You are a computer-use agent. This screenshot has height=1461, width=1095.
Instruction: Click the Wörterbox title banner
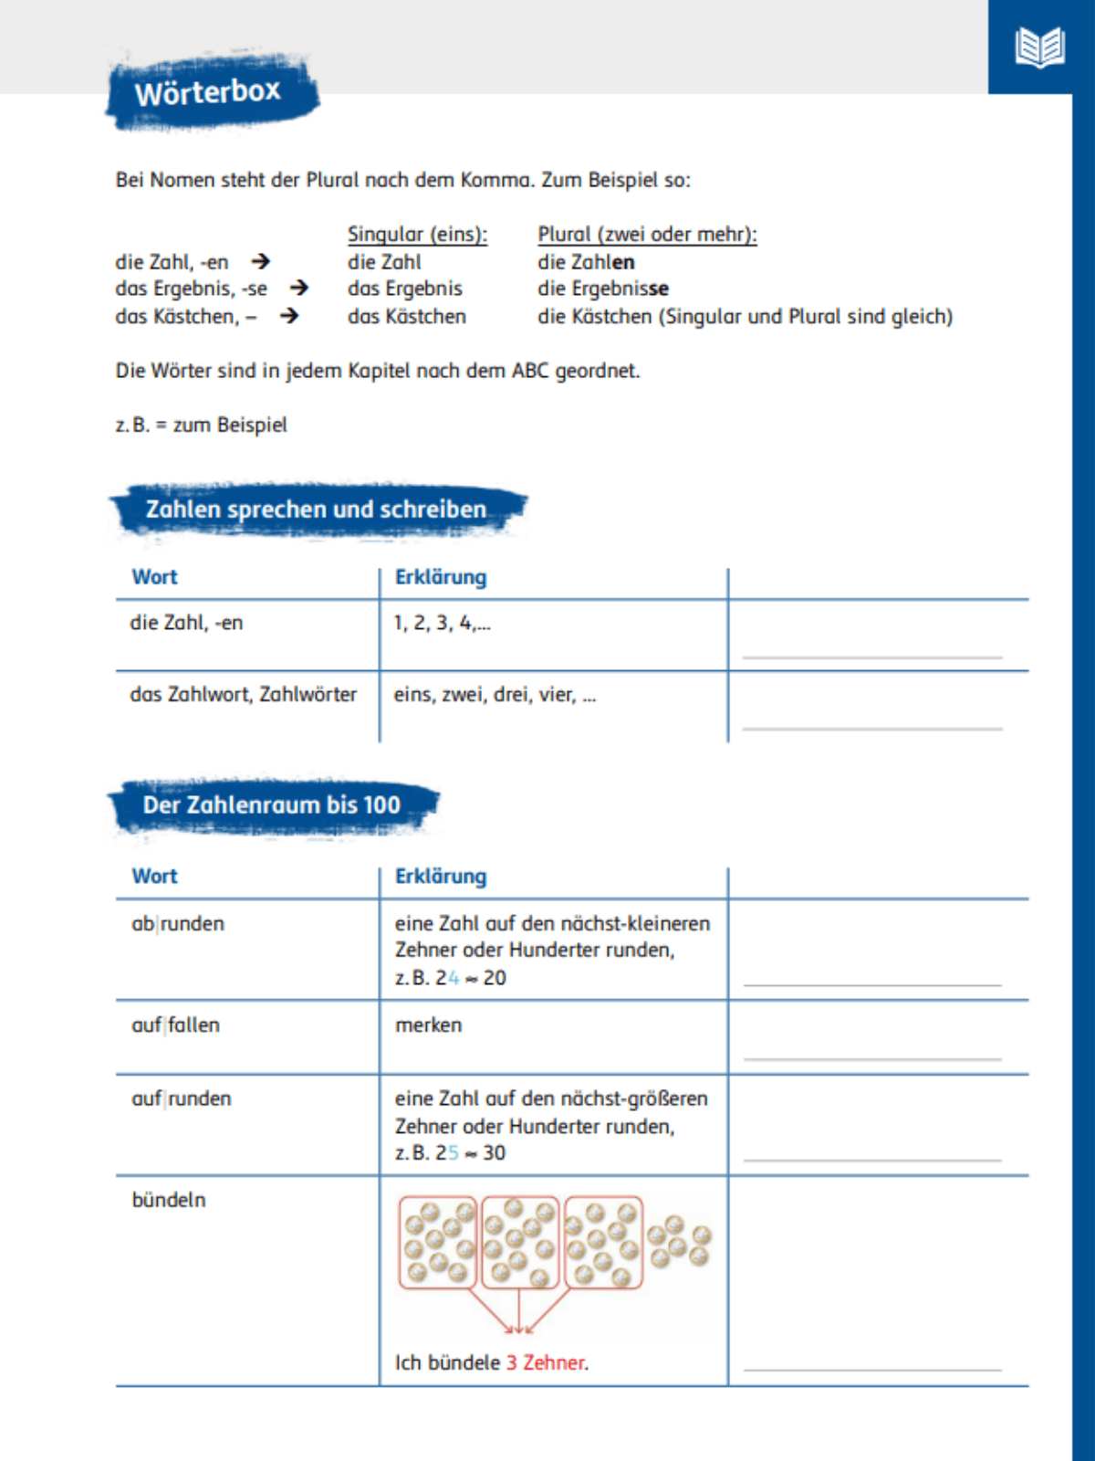tap(210, 92)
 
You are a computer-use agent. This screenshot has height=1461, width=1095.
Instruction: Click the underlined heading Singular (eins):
tap(417, 235)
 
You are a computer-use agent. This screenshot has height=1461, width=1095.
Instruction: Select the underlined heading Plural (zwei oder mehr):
tap(647, 235)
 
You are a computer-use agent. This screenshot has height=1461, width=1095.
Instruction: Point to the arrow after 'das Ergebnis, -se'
tap(298, 289)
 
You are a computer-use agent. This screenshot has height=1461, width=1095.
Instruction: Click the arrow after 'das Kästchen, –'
tap(288, 316)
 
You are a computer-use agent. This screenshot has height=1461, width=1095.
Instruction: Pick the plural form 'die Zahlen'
tap(586, 262)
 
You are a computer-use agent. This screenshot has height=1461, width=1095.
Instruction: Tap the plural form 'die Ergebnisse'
tap(602, 289)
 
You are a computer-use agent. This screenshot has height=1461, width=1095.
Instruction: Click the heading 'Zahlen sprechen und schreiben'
tap(316, 510)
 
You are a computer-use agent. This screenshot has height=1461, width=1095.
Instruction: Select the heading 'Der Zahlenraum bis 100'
tap(271, 805)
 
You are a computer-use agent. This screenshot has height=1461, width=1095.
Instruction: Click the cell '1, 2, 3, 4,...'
tap(442, 623)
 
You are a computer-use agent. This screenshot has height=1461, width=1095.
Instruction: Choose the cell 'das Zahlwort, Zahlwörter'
tap(243, 695)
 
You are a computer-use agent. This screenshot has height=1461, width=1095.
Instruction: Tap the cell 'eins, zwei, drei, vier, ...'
tap(495, 695)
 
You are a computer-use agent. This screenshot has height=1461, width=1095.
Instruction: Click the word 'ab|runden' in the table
tap(178, 924)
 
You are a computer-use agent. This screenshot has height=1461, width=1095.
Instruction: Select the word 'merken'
tap(428, 1025)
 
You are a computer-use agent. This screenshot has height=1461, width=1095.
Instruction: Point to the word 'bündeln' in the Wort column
tap(169, 1200)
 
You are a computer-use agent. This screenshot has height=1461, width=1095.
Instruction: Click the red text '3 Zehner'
tap(546, 1362)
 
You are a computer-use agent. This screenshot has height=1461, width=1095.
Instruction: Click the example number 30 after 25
tap(495, 1153)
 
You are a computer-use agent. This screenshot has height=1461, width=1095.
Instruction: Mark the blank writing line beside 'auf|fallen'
tap(872, 1058)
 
